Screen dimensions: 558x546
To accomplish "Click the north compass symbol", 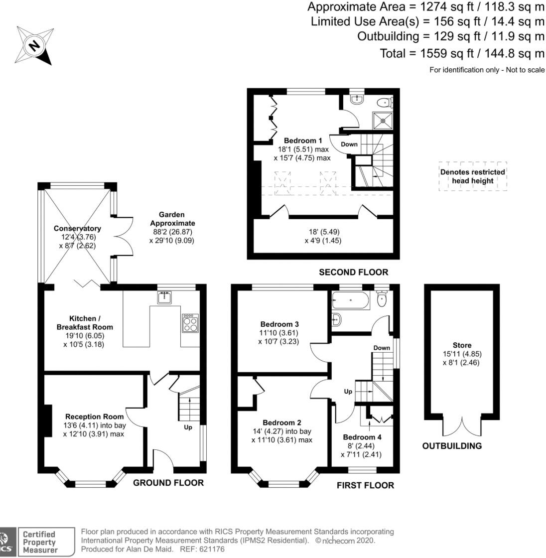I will point(33,46).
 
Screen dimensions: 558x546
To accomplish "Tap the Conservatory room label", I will point(77,229).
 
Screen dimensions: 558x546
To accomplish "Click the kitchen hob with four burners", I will point(190,324).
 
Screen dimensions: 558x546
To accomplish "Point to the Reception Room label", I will point(94,417).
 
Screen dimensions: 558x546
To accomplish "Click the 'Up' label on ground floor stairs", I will point(188,427).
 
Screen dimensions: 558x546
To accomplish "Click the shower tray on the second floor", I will point(382,120).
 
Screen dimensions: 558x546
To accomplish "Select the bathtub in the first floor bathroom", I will point(351,300).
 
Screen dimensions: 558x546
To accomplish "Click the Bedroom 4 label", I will point(362,437).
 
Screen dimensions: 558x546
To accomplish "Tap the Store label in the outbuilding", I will point(462,345).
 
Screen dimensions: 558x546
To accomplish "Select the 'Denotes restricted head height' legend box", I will point(472,176).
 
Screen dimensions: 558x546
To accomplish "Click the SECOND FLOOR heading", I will point(353,272).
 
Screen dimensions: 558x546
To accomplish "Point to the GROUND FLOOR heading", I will point(168,482).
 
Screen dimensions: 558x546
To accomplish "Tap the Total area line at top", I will point(462,53).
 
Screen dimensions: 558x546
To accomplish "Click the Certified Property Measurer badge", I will point(38,542).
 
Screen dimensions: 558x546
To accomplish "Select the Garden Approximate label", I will point(172,223).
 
